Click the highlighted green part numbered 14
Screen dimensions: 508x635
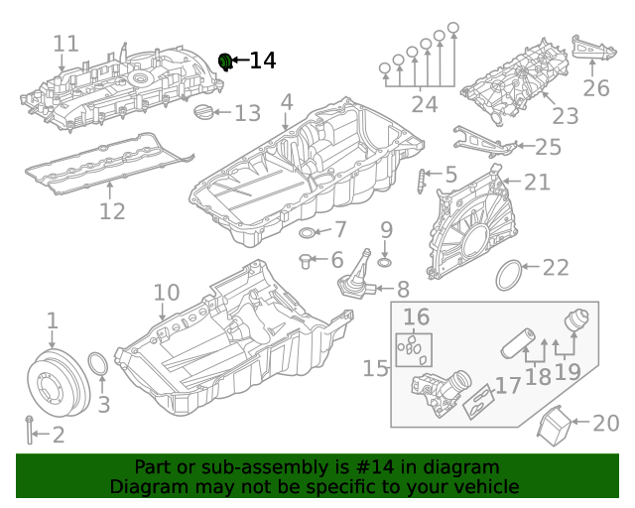pyautogui.click(x=225, y=63)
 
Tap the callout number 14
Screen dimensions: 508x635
pyautogui.click(x=262, y=61)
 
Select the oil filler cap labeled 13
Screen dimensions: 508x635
pyautogui.click(x=205, y=112)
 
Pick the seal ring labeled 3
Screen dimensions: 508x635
pyautogui.click(x=99, y=367)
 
